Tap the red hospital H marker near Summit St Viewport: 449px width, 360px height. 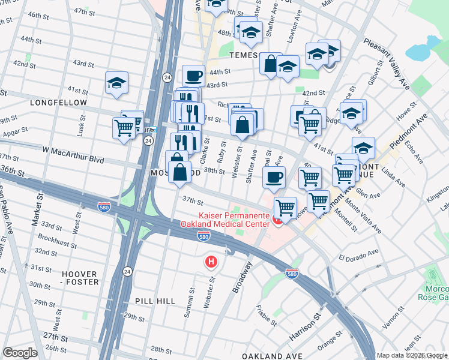tap(210, 262)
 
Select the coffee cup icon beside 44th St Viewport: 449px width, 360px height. tap(193, 76)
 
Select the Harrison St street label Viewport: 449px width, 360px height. tap(304, 327)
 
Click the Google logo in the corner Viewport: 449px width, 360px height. tap(20, 353)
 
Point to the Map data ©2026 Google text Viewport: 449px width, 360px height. tap(411, 355)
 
